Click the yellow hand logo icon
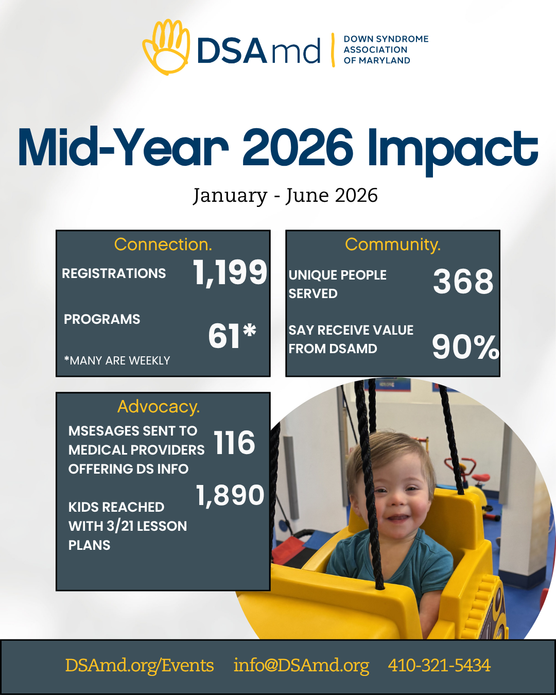pos(166,47)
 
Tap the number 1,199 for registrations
pos(230,272)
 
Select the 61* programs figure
pos(232,336)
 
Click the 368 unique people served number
pos(463,281)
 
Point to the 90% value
pos(465,346)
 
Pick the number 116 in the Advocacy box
pos(234,442)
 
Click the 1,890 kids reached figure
pos(230,495)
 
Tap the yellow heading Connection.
pos(163,245)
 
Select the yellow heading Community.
pos(393,245)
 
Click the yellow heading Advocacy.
pos(159,407)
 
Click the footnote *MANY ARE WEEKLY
pos(117,360)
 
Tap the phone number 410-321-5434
pos(439,665)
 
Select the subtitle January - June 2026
pos(285,196)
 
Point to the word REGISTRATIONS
pos(114,273)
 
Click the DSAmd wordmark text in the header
pos(259,50)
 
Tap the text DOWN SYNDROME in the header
pos(386,39)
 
